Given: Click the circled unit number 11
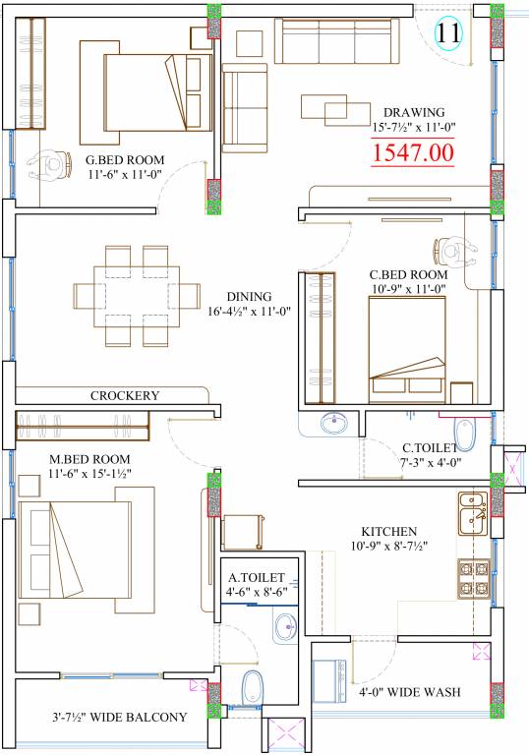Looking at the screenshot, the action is [x=448, y=32].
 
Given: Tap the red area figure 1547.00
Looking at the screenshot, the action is [x=413, y=152].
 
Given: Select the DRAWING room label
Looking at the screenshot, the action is [x=414, y=113].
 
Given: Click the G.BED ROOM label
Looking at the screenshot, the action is [x=125, y=160].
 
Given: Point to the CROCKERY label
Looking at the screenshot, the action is [x=125, y=396].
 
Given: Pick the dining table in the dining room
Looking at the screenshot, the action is [x=137, y=296].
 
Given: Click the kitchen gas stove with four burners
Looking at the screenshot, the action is [x=474, y=579].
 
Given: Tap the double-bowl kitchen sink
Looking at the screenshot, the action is [x=473, y=513].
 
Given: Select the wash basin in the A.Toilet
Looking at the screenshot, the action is [x=287, y=626].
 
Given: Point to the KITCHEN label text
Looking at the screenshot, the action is [x=389, y=532].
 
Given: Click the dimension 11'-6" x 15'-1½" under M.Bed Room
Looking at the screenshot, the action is [x=90, y=474].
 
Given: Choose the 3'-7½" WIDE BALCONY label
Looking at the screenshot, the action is [x=120, y=717].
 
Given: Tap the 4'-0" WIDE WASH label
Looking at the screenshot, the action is [x=409, y=692].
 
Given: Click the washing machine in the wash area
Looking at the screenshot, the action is [x=329, y=681].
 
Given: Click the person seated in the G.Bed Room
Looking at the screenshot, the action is [x=51, y=165].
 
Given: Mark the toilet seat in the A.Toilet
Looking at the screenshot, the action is [x=252, y=686].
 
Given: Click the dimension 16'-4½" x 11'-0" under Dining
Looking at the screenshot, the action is [x=250, y=311].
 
